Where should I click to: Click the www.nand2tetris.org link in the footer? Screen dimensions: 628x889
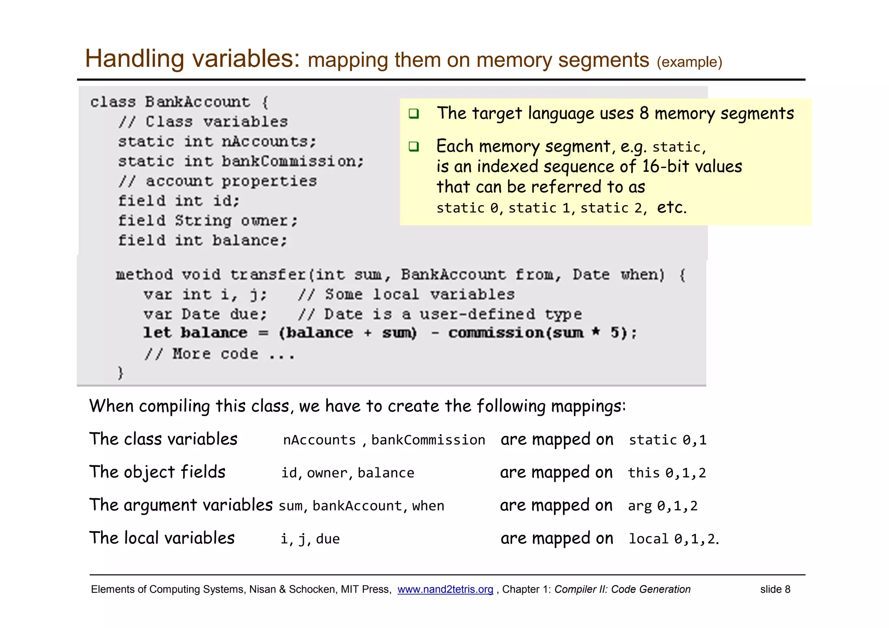(x=445, y=589)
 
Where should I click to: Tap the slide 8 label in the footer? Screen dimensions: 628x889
(x=775, y=589)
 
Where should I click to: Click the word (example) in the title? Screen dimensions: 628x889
(x=689, y=62)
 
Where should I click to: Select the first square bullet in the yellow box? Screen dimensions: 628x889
(x=414, y=114)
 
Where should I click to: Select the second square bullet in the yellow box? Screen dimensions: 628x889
(x=414, y=147)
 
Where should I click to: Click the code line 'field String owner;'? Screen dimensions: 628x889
(x=207, y=221)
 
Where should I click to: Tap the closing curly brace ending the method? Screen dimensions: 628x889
(x=120, y=373)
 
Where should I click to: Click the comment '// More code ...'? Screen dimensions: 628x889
(x=220, y=354)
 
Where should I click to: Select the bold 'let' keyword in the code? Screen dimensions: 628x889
(x=157, y=333)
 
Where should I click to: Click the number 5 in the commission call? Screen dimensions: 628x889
(x=615, y=333)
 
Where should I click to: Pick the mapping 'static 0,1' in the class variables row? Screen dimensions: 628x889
(x=668, y=440)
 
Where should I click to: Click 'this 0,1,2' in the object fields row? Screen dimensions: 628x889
(x=667, y=473)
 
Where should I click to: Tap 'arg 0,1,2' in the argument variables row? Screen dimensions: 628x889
(x=662, y=506)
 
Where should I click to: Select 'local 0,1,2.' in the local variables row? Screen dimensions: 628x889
(x=673, y=539)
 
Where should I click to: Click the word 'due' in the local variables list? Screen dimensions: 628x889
(x=328, y=539)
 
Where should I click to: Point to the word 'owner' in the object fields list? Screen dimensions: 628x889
(x=327, y=473)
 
